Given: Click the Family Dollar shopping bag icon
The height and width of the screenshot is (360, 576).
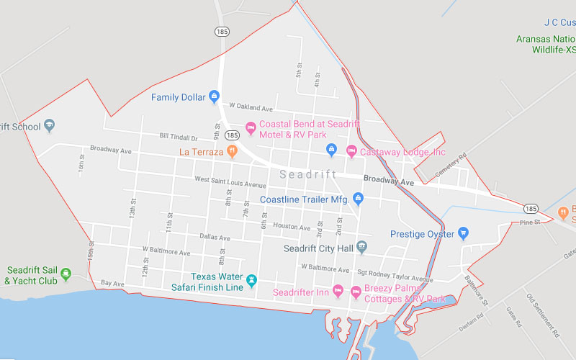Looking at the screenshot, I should (214, 96).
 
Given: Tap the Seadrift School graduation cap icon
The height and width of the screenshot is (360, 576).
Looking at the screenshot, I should (50, 126).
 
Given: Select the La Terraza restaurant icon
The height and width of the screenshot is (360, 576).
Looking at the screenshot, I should (232, 151).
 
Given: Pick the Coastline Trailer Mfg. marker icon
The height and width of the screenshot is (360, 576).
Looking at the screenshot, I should (358, 199).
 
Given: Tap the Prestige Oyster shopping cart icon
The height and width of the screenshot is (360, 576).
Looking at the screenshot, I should (464, 233).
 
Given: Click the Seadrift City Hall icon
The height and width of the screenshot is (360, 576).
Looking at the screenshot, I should (362, 248).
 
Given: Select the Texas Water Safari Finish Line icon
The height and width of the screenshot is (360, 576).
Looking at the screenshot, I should (251, 280).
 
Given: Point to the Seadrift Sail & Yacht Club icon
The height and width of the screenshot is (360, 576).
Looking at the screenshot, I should (66, 274).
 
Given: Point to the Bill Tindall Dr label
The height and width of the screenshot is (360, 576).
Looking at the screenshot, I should (179, 136).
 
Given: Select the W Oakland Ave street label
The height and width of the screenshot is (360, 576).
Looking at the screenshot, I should (251, 108).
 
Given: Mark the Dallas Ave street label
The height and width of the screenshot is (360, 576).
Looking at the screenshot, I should (215, 237).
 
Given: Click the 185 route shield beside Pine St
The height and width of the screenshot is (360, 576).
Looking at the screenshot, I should (531, 209).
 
